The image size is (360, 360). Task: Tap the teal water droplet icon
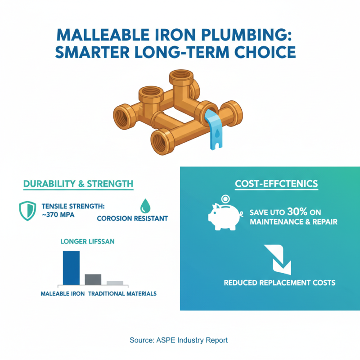[x=145, y=206]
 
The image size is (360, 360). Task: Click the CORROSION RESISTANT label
[x=132, y=219]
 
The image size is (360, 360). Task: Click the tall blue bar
[x=71, y=268]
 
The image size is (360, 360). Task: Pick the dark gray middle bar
[x=93, y=279]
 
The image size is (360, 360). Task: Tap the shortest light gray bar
[x=115, y=283]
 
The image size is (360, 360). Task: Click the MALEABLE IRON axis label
[x=61, y=293]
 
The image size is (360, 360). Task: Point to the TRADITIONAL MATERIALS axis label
[x=122, y=293]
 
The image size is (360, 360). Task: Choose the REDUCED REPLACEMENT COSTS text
[x=279, y=283]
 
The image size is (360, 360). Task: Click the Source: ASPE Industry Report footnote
[x=179, y=340]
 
